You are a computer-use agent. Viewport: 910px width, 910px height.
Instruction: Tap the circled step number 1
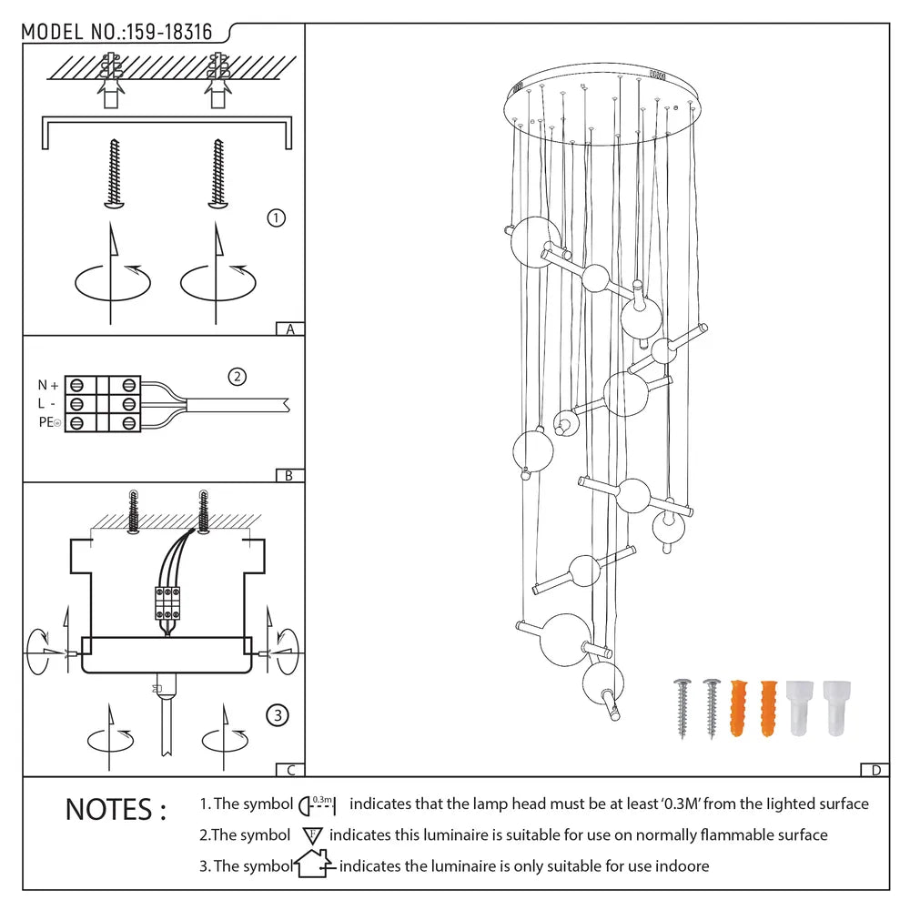tap(277, 217)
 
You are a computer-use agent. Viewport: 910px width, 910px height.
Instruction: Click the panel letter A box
tap(289, 329)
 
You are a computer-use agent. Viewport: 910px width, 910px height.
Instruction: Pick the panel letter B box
tap(289, 475)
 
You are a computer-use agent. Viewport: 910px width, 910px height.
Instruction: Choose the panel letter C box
tap(289, 771)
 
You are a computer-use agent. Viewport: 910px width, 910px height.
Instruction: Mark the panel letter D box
tap(875, 771)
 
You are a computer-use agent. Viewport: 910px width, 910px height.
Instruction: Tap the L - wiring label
tap(46, 403)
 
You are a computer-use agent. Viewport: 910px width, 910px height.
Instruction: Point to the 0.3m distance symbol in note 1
tap(318, 804)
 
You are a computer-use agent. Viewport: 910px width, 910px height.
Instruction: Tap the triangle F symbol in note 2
tap(311, 834)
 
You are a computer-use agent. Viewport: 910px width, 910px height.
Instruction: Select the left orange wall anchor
tap(738, 707)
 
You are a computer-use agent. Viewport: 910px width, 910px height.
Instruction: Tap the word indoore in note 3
tap(683, 865)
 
